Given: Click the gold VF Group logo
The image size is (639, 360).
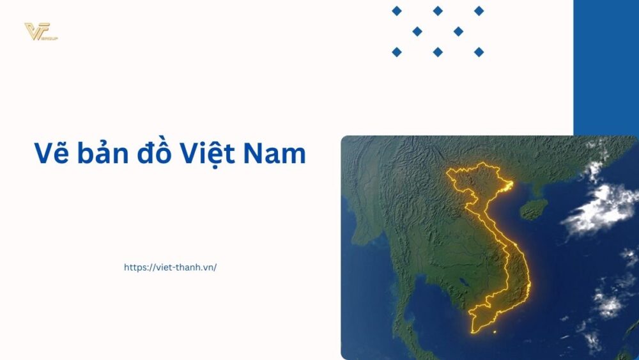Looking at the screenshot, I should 40,31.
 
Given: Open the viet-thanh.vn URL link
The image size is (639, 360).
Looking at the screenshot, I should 170,267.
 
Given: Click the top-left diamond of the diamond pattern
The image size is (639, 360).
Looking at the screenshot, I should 397,11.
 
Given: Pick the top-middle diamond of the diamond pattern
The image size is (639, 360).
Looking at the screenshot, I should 438,11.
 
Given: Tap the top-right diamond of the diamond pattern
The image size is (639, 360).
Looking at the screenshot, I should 479,11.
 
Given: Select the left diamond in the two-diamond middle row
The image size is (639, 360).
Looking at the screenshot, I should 417,31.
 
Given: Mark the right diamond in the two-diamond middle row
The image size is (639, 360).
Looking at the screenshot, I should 458,31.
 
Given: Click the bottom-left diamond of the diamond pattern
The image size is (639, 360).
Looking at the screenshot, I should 397,52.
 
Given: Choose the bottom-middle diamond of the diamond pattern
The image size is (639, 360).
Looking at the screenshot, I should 438,52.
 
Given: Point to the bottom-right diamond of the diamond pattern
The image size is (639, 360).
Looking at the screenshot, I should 479,52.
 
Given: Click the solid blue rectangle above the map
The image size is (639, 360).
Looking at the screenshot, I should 606,64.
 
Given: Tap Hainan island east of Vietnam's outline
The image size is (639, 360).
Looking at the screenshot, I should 533,208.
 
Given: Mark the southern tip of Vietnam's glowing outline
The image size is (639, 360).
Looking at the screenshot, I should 474,330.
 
